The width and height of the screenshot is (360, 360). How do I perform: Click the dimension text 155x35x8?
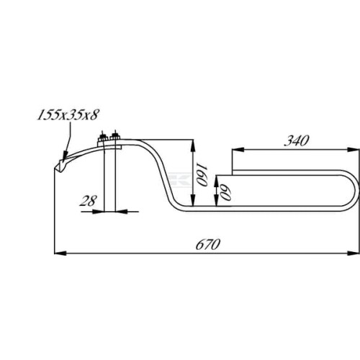click(68, 114)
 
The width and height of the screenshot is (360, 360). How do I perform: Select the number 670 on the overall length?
click(208, 244)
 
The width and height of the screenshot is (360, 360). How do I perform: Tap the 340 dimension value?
click(297, 140)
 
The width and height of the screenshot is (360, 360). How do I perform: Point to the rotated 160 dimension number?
click(202, 174)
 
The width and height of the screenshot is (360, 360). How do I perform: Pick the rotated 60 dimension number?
click(226, 192)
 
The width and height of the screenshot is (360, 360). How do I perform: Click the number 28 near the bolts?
click(89, 201)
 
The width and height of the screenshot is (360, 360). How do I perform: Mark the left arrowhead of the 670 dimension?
click(60, 253)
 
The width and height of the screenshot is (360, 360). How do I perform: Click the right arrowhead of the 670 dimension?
click(354, 253)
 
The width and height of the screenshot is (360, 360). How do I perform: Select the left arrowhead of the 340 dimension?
click(238, 150)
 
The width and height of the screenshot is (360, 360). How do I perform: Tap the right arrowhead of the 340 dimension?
click(354, 150)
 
